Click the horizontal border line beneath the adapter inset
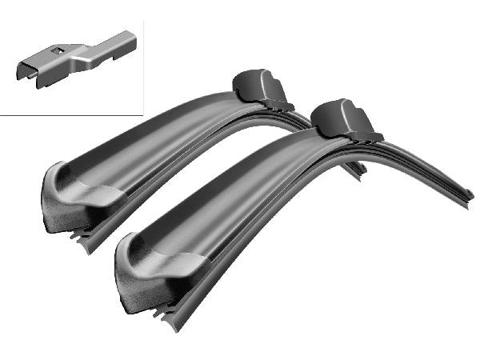click(72, 115)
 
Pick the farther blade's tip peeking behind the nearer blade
click(359, 168)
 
